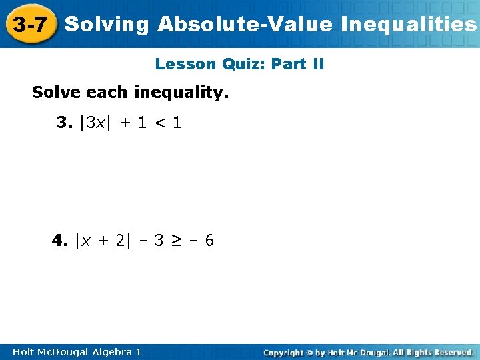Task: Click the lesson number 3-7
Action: click(x=29, y=25)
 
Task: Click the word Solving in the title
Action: click(x=107, y=25)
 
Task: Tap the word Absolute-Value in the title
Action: click(x=245, y=25)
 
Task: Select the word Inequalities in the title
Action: click(x=408, y=25)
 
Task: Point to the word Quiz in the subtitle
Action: click(x=241, y=65)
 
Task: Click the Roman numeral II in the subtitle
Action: click(x=317, y=65)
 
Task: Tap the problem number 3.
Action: click(x=64, y=123)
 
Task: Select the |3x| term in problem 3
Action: click(x=93, y=123)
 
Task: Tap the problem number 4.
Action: click(x=60, y=240)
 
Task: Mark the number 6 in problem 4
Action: click(x=209, y=240)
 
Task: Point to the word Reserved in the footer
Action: click(x=453, y=351)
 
